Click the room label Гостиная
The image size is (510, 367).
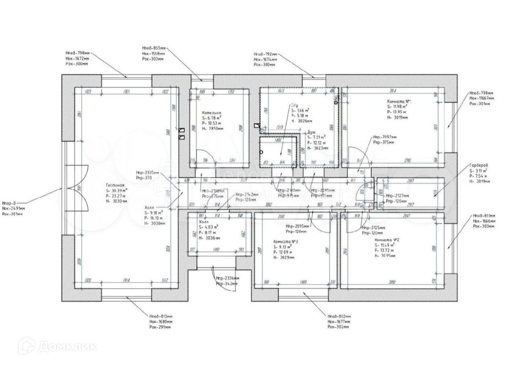pyautogui.click(x=115, y=185)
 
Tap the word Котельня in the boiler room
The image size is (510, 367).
pyautogui.click(x=212, y=113)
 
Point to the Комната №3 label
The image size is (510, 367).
pyautogui.click(x=286, y=241)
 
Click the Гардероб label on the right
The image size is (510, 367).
pyautogui.click(x=478, y=165)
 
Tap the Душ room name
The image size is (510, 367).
pyautogui.click(x=311, y=131)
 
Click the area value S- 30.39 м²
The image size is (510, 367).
pyautogui.click(x=117, y=190)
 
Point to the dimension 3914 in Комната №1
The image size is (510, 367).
pyautogui.click(x=393, y=91)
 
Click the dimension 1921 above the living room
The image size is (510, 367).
pyautogui.click(x=127, y=91)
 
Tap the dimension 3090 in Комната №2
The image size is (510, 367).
pyautogui.click(x=393, y=283)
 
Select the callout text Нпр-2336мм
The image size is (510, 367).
pyautogui.click(x=227, y=279)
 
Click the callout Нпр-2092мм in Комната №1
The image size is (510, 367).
pyautogui.click(x=384, y=136)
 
